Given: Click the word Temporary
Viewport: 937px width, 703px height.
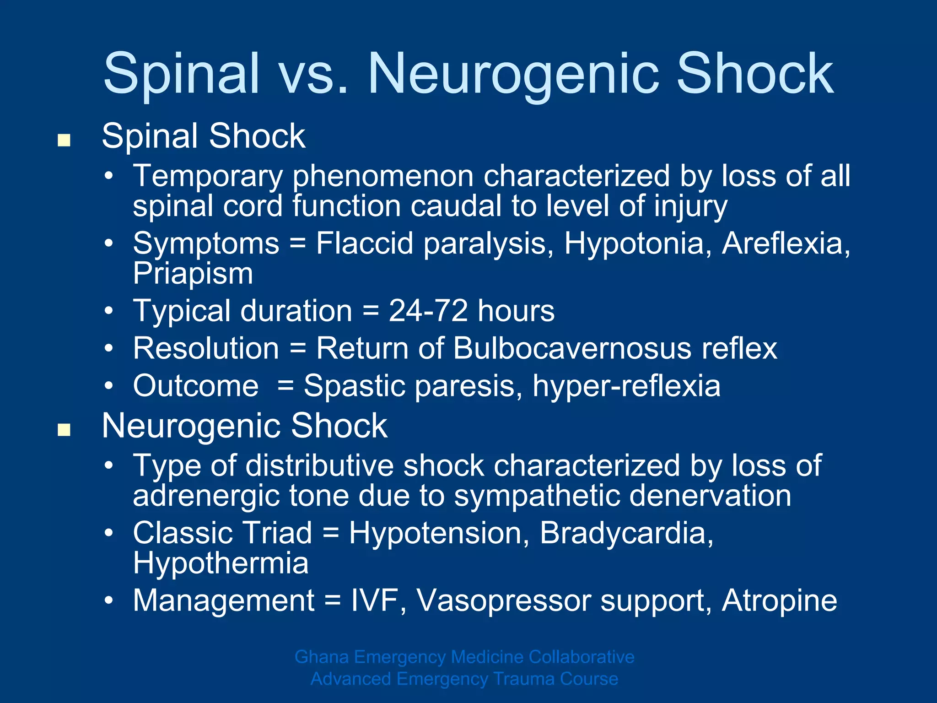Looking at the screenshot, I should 208,176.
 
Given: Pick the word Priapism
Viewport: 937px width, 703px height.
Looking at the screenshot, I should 193,274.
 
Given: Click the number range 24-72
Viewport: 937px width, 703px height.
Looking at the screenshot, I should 428,311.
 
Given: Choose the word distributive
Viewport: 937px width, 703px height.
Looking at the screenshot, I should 319,466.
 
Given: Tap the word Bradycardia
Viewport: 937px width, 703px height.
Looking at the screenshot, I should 626,533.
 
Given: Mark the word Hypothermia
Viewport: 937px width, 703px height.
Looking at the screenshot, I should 221,563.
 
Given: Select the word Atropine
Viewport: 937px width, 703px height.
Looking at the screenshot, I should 779,600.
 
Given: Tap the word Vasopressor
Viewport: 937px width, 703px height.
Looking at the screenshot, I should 504,600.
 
